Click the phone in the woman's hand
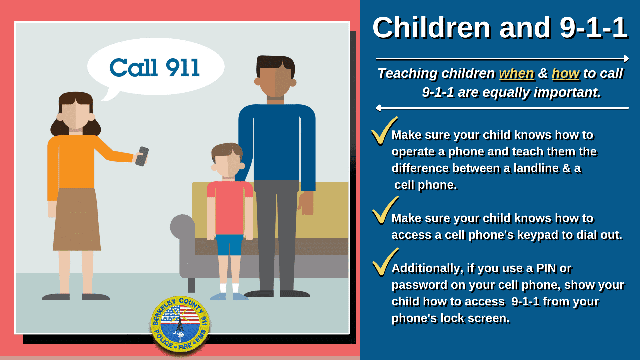click(142, 156)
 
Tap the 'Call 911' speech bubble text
click(155, 68)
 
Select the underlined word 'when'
click(516, 73)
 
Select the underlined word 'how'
click(565, 73)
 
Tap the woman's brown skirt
click(77, 220)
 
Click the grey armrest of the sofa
click(183, 227)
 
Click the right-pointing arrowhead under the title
click(626, 59)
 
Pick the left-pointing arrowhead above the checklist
click(378, 108)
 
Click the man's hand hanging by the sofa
click(306, 203)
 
